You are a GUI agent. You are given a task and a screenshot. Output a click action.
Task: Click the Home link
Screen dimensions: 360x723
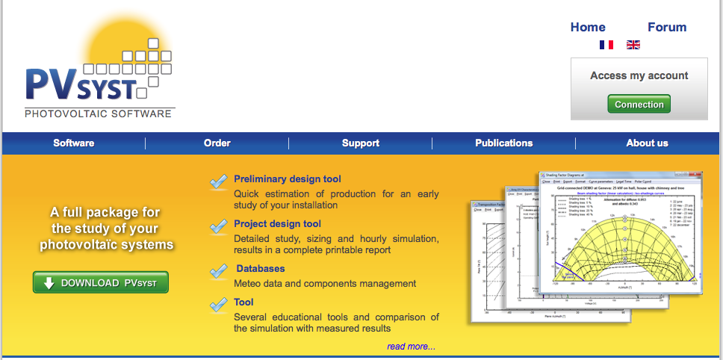pos(588,27)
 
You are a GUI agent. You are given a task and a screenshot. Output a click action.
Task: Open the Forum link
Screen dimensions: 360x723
pos(667,27)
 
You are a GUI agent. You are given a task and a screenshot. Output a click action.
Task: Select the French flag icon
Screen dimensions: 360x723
pos(606,45)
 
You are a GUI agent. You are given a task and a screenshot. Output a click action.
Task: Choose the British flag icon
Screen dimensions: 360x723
pos(633,45)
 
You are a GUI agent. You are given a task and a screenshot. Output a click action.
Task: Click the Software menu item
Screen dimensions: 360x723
pos(74,143)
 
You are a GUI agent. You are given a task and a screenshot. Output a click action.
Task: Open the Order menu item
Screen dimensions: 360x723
pos(217,143)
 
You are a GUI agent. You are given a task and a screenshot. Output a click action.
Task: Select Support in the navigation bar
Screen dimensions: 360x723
pos(361,143)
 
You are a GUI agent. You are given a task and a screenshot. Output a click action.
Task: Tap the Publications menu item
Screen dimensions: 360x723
pos(504,143)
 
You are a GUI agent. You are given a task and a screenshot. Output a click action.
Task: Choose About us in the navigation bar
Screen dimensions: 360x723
pos(647,143)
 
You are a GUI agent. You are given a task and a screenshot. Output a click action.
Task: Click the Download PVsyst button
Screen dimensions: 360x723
pos(101,283)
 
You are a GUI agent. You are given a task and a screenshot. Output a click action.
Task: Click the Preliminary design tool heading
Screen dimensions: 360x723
pos(288,179)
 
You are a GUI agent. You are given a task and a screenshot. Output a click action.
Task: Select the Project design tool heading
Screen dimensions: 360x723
pos(277,224)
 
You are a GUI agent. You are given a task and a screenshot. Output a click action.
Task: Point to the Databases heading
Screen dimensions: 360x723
pos(261,269)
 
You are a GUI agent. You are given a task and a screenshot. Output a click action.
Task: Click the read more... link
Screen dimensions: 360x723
pos(411,347)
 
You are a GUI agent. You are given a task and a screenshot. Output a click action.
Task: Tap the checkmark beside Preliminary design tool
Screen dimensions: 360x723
pos(219,181)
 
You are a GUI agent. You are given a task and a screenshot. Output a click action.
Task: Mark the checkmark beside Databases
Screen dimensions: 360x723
pos(219,271)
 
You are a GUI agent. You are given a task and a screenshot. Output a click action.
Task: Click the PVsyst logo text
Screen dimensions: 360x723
pos(81,84)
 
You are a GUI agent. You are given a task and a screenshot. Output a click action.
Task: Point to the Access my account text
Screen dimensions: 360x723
pos(639,75)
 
